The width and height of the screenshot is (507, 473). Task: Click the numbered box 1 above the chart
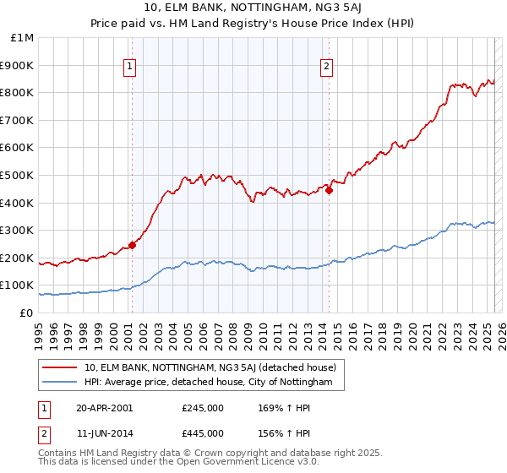pos(131,67)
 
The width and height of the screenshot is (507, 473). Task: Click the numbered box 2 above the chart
pos(327,67)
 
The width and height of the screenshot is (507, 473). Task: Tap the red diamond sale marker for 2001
pos(132,245)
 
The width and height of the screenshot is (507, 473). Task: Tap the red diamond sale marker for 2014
pos(329,190)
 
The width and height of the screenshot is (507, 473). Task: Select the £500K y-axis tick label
pos(19,176)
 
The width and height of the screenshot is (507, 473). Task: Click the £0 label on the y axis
pos(26,313)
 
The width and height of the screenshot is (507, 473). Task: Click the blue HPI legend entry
pos(214,383)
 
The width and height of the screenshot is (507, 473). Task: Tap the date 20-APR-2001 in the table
pos(104,408)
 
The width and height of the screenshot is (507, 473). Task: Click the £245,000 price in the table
pos(203,408)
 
